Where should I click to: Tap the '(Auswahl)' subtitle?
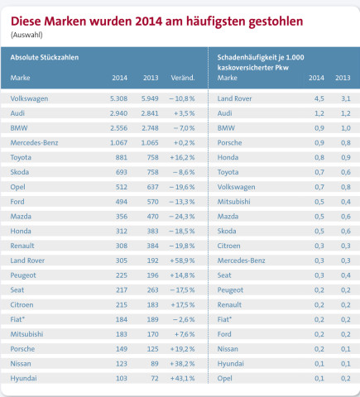[26, 35]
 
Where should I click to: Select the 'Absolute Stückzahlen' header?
[45, 57]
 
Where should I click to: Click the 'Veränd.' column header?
[183, 78]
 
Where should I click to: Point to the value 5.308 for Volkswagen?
[118, 98]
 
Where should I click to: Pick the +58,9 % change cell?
[182, 261]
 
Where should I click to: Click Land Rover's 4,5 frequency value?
[319, 98]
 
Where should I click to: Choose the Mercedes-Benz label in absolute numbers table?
[34, 143]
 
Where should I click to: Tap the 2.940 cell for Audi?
[118, 113]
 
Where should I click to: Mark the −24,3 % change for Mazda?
[182, 217]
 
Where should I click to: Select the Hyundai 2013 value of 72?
[155, 378]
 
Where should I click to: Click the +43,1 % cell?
[182, 378]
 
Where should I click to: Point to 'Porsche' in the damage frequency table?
[229, 143]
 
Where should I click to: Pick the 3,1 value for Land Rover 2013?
[346, 98]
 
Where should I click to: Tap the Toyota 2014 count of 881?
[122, 157]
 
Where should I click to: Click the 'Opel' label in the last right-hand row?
[224, 379]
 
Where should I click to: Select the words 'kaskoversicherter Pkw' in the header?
[252, 68]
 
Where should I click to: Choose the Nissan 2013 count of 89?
[155, 364]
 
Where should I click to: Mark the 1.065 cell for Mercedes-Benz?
[150, 143]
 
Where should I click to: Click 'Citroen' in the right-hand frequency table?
[228, 246]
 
